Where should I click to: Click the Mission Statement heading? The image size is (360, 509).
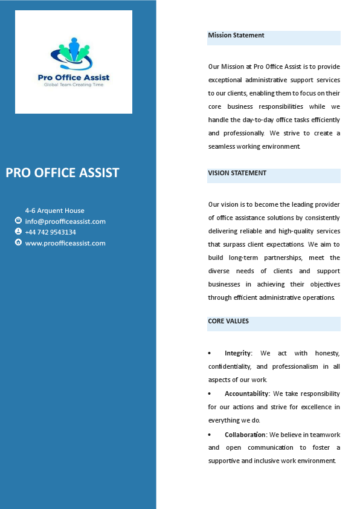click(236, 35)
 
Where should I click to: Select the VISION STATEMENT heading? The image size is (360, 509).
click(237, 173)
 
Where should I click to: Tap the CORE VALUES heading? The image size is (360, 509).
click(228, 321)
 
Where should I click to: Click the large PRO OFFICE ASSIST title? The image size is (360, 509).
click(62, 173)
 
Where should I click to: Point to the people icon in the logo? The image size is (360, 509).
click(74, 51)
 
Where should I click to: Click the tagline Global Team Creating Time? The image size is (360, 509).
click(74, 85)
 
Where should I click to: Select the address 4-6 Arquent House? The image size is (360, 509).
click(54, 210)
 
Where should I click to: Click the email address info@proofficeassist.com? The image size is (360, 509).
click(65, 221)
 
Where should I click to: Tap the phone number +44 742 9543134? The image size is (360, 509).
click(50, 232)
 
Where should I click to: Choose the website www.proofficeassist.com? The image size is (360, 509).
click(65, 243)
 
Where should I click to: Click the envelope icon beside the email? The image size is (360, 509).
click(18, 221)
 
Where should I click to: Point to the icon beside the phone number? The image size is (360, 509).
click(18, 232)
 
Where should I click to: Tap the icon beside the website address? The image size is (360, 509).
click(18, 242)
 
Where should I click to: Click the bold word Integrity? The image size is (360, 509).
click(237, 353)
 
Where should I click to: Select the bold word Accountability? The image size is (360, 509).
click(246, 394)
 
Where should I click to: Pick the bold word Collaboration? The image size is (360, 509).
click(245, 434)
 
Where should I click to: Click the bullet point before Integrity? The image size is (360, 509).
click(210, 353)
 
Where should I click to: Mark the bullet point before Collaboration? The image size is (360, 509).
click(210, 434)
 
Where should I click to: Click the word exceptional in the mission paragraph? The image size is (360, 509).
click(226, 80)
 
